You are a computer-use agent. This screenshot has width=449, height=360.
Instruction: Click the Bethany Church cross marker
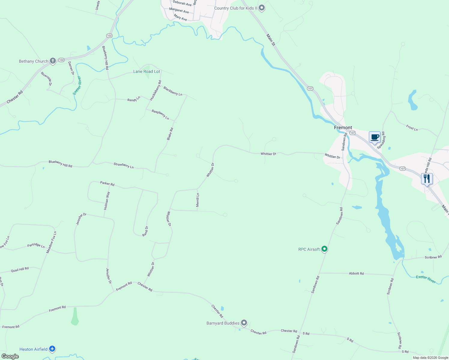pos(53,61)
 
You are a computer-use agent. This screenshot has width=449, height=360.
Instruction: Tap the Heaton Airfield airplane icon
pos(52,349)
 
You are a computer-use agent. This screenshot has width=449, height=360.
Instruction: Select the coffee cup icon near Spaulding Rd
pos(375,137)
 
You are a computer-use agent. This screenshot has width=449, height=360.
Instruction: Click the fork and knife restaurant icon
pos(427,179)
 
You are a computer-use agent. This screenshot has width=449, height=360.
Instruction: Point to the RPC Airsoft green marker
pos(324,249)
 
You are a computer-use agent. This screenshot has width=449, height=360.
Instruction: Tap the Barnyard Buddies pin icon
pos(244,323)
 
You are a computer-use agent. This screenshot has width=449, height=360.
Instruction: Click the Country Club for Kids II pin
pos(262,8)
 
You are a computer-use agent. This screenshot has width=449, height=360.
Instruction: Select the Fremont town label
pos(343,127)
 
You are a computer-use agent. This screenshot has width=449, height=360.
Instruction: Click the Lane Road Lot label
pos(147,71)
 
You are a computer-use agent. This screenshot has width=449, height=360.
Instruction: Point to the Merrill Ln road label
pos(197,200)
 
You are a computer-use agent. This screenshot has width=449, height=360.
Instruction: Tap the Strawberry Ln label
pos(124,165)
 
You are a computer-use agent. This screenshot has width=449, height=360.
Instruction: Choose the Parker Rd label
pos(107,184)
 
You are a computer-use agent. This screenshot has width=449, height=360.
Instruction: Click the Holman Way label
pos(107,200)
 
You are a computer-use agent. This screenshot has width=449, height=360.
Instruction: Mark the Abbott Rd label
pos(356,273)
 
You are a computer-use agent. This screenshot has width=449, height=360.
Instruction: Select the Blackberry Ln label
pos(173,91)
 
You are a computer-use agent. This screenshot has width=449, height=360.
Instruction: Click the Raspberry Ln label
pos(160,115)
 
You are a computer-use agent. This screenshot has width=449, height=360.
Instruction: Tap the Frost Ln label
pos(412,128)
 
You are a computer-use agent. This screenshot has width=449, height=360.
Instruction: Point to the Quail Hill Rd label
pos(20,269)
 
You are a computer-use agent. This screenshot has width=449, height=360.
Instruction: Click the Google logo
pos(10,356)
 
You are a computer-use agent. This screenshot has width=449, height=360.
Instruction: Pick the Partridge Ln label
pos(36,245)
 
